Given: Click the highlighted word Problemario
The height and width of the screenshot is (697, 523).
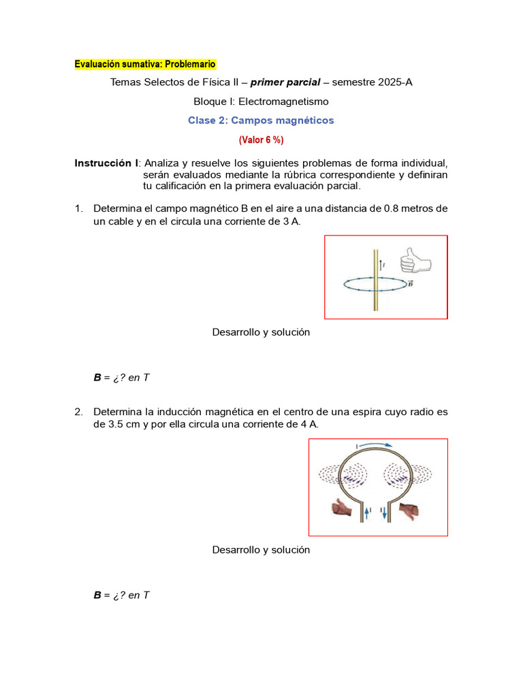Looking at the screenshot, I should [x=189, y=64].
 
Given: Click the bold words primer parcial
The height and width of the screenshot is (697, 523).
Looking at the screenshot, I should [x=285, y=82].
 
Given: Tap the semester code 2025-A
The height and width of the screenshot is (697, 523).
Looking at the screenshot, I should [x=390, y=82].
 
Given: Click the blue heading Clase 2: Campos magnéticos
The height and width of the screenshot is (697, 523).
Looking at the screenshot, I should [x=261, y=120].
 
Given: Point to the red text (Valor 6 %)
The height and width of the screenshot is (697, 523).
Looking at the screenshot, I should [x=261, y=140].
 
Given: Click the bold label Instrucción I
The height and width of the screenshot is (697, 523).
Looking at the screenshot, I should [x=106, y=163].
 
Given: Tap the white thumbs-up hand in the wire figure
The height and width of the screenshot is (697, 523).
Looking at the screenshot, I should [x=415, y=259].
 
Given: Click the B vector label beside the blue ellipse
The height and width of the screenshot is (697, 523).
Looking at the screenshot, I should [x=410, y=283].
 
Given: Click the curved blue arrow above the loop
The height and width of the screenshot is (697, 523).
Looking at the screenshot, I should [x=377, y=446].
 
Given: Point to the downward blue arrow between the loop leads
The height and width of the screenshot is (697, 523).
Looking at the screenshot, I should [x=384, y=513].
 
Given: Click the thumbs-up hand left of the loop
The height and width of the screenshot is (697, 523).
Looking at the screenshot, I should [x=342, y=509].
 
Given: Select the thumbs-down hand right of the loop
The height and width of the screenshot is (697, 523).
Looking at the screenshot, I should [x=411, y=510].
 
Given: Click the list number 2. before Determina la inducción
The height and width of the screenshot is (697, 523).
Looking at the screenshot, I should [x=79, y=412].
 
